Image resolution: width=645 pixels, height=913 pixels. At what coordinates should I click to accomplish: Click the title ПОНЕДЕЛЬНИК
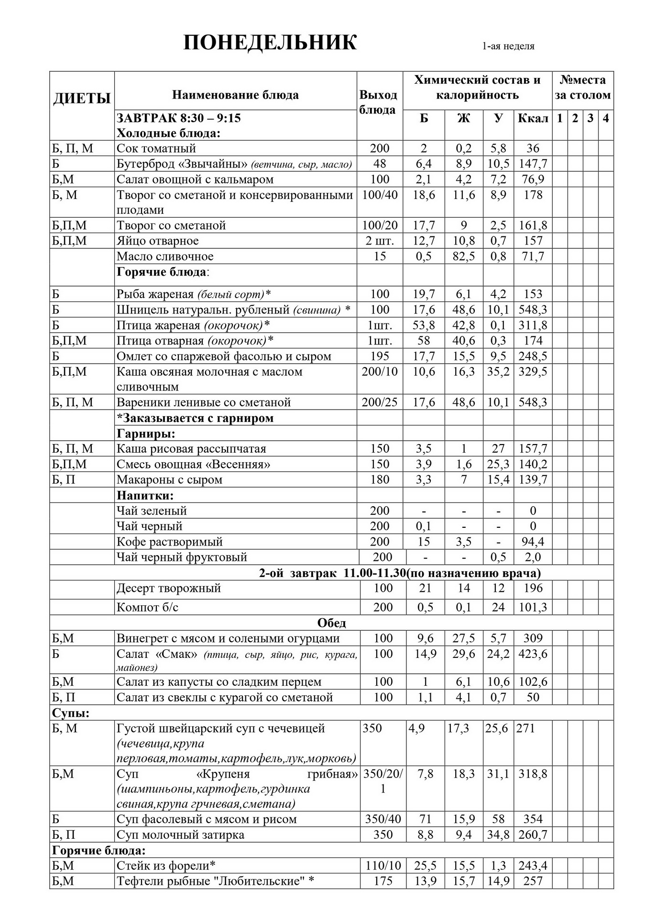pyautogui.click(x=270, y=43)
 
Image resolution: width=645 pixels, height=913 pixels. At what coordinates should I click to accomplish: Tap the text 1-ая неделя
pyautogui.click(x=508, y=46)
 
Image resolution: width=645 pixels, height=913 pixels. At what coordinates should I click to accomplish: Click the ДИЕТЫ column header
pyautogui.click(x=82, y=98)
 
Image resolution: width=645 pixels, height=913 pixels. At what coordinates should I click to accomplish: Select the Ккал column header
pyautogui.click(x=533, y=118)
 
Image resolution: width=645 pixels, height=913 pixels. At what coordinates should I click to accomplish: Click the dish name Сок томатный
pyautogui.click(x=156, y=148)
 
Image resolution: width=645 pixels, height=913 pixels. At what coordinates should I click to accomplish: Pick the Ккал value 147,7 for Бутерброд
pyautogui.click(x=533, y=164)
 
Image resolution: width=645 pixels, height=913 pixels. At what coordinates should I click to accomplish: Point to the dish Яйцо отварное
pyautogui.click(x=157, y=241)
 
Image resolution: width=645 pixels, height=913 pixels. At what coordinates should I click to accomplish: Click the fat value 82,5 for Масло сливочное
pyautogui.click(x=463, y=256)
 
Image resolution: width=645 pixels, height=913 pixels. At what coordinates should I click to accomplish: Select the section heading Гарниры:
pyautogui.click(x=146, y=434)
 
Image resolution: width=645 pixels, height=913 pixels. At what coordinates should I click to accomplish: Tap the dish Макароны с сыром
pyautogui.click(x=169, y=479)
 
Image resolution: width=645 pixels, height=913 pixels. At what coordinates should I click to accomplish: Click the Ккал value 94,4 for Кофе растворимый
pyautogui.click(x=533, y=542)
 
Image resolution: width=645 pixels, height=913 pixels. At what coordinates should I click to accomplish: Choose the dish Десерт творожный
pyautogui.click(x=168, y=588)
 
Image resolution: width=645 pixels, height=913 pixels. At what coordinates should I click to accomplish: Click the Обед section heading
pyautogui.click(x=331, y=623)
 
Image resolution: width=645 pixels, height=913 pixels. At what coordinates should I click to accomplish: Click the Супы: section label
pyautogui.click(x=71, y=713)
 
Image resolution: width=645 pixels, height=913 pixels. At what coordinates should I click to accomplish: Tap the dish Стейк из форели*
pyautogui.click(x=166, y=865)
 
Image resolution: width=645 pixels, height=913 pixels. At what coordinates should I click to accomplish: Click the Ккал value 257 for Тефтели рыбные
pyautogui.click(x=533, y=881)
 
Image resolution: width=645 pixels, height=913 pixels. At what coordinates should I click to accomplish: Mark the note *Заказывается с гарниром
pyautogui.click(x=195, y=418)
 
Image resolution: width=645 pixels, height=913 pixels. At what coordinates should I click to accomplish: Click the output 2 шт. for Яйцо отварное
pyautogui.click(x=380, y=241)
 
